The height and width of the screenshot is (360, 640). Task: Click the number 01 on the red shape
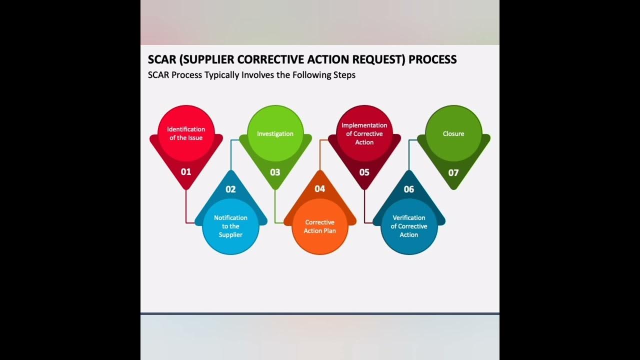186,172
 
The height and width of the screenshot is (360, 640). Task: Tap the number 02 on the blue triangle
230,189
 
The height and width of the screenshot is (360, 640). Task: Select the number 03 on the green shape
275,172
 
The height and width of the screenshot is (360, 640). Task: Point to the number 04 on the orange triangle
320,189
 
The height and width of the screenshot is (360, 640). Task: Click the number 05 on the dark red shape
364,172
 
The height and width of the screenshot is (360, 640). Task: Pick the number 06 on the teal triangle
409,189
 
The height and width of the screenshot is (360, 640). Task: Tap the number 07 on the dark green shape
453,173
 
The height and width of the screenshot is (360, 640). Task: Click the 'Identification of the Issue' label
186,133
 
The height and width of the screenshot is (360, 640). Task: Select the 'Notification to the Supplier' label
230,226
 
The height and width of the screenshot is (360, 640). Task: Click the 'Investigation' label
275,134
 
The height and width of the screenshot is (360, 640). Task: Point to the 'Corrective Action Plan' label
320,226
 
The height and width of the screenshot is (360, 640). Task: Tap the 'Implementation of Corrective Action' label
364,133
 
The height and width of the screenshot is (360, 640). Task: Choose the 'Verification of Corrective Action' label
409,226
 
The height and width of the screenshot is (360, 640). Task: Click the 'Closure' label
453,134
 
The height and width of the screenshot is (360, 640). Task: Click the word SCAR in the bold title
161,59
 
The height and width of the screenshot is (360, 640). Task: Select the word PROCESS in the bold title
432,59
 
